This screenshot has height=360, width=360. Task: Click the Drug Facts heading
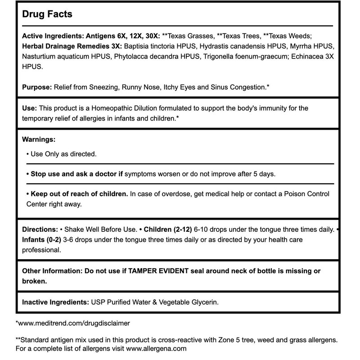coord(47,14)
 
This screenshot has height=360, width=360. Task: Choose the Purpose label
coord(36,86)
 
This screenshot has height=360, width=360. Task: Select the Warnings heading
coord(39,140)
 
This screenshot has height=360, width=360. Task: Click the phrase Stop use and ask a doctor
coord(74,174)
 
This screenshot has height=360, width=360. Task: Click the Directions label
coord(40,229)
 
